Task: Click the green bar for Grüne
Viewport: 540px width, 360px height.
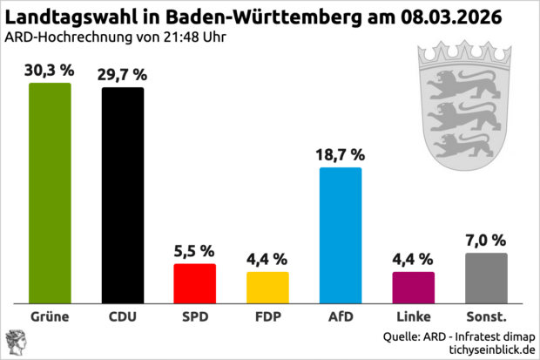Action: click(50, 192)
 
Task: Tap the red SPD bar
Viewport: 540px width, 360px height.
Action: click(195, 282)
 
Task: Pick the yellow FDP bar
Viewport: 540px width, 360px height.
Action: click(267, 286)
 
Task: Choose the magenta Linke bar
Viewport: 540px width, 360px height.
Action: click(413, 286)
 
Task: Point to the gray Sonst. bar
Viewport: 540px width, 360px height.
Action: click(486, 276)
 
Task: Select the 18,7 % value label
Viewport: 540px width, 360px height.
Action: click(341, 154)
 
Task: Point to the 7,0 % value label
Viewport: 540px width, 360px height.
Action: click(486, 240)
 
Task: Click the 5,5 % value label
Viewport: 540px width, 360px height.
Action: click(195, 250)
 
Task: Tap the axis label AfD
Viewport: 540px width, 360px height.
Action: click(341, 316)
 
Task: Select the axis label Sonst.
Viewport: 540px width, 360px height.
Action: click(486, 316)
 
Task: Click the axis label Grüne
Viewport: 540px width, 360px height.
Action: click(50, 316)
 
